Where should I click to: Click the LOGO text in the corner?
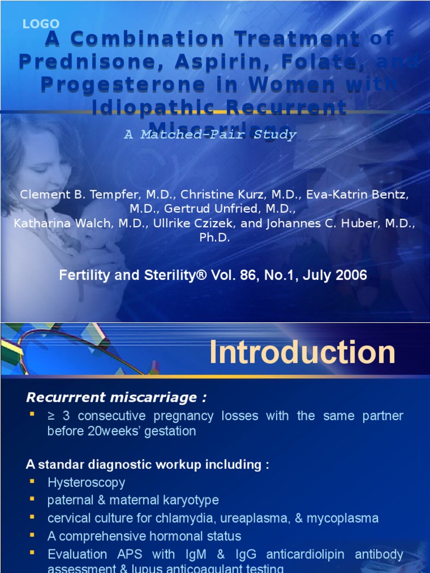(40, 24)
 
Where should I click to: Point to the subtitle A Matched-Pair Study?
(210, 135)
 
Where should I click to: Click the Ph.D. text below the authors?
(214, 237)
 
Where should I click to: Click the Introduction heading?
(302, 353)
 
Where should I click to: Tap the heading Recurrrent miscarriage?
(116, 397)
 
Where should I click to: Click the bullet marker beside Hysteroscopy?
(31, 481)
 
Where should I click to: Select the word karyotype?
(190, 500)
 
